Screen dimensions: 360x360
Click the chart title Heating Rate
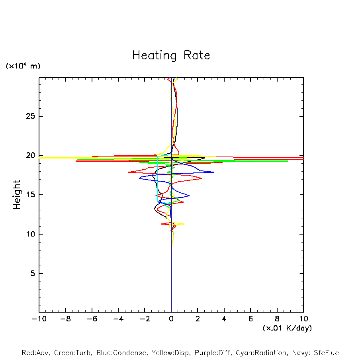click(x=171, y=55)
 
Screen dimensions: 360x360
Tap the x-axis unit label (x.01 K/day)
click(x=287, y=328)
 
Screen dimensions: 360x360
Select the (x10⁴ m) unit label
click(x=23, y=66)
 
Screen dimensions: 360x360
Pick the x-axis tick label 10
click(x=303, y=319)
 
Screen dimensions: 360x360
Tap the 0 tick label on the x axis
click(x=171, y=319)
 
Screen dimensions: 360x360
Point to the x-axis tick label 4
click(x=224, y=319)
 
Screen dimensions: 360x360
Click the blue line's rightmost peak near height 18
click(x=214, y=172)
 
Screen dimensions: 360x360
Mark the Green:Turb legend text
click(x=72, y=353)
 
